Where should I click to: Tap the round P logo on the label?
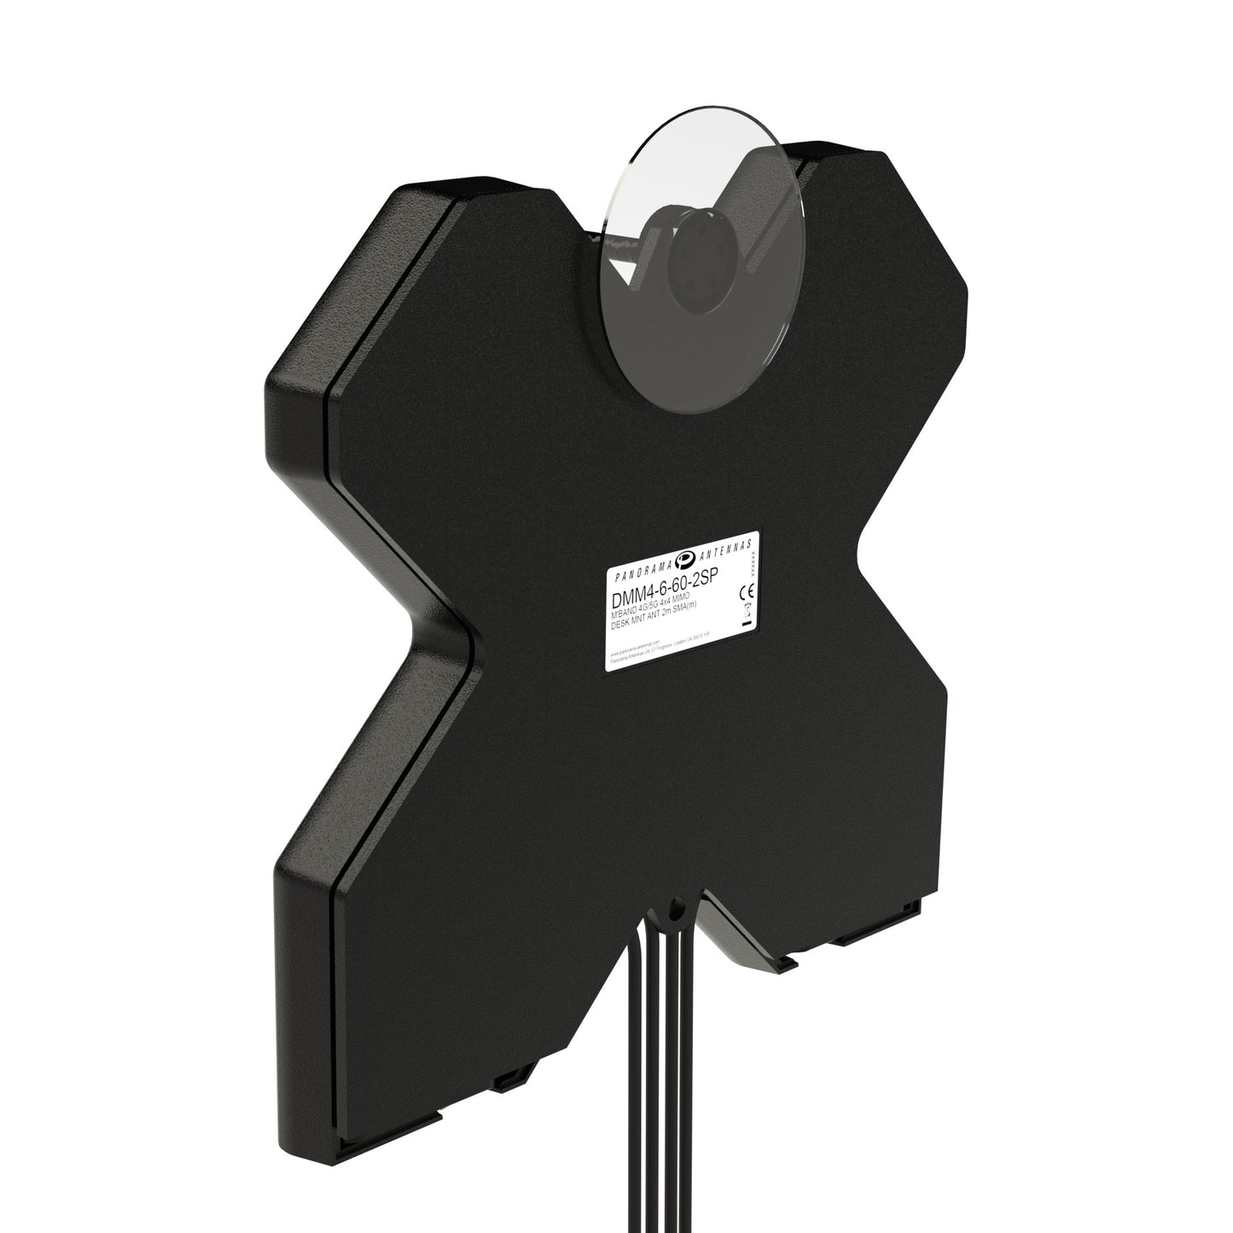pos(685,559)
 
